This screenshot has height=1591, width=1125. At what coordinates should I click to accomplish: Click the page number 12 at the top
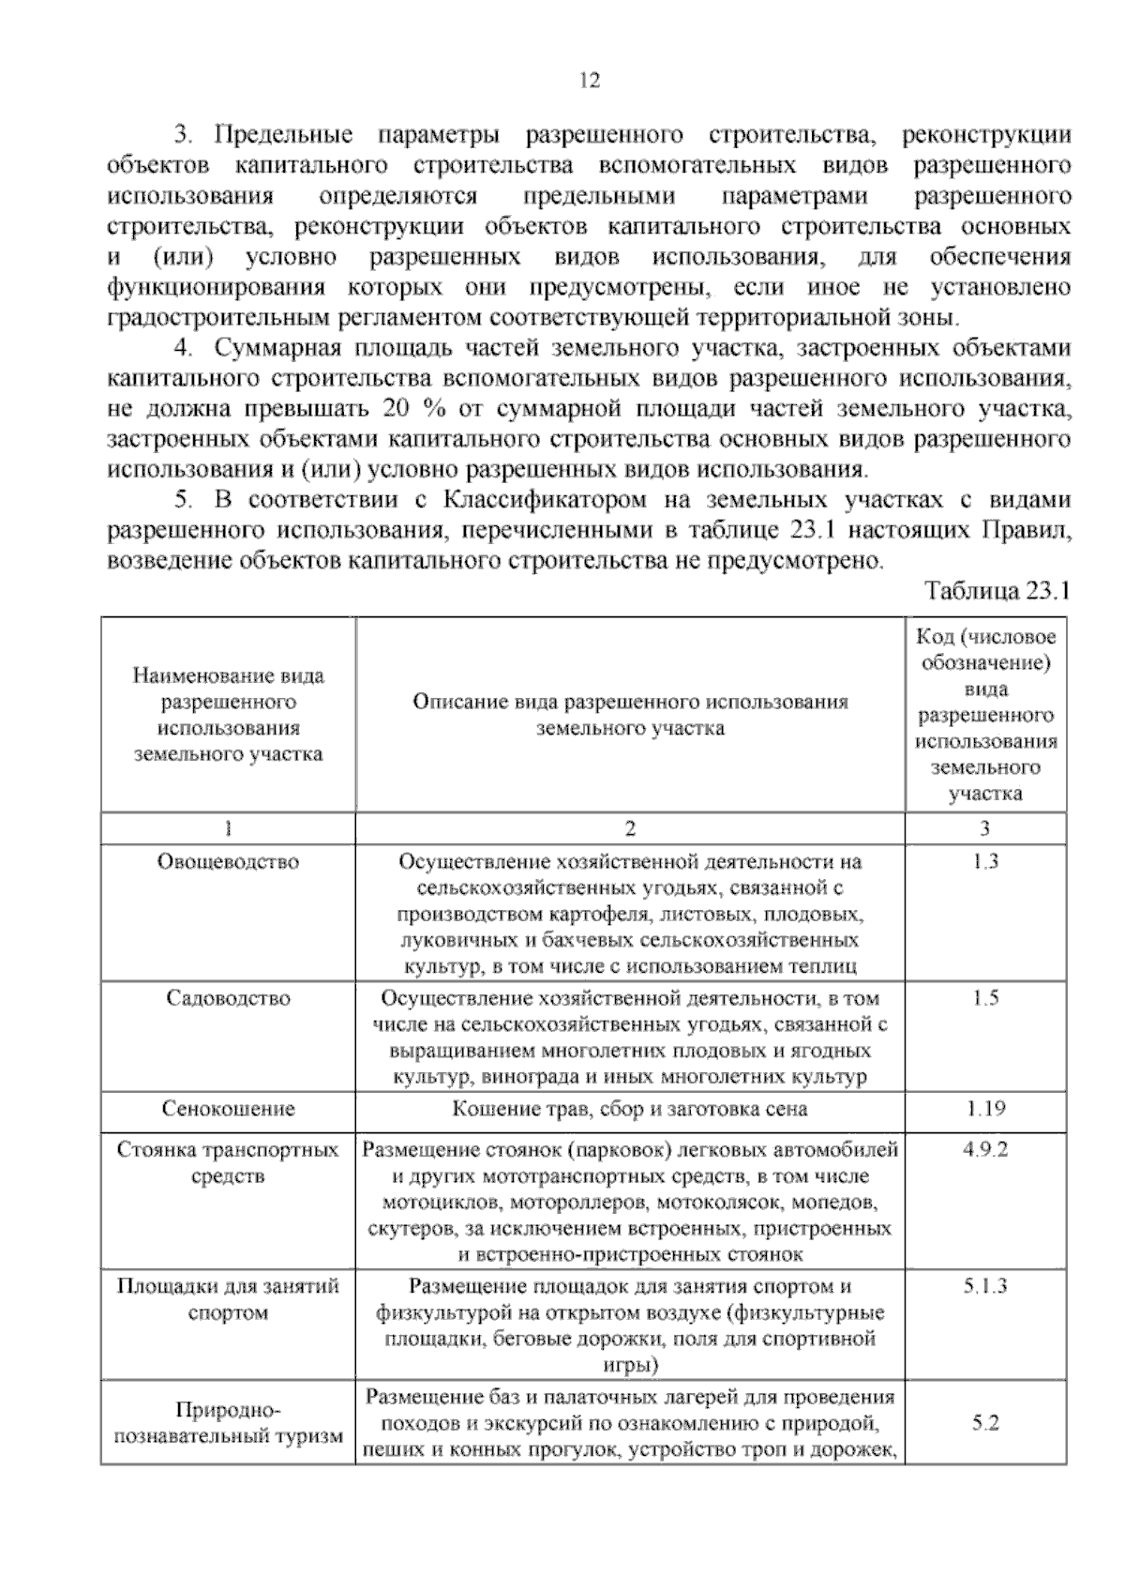click(x=590, y=81)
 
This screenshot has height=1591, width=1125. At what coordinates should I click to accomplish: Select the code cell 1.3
click(x=985, y=860)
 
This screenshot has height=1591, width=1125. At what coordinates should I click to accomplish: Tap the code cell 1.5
click(x=985, y=998)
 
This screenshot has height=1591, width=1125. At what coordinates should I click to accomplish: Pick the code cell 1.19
click(x=985, y=1109)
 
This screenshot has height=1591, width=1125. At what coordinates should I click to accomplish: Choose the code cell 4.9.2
click(x=985, y=1149)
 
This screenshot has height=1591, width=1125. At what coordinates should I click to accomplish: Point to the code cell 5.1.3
click(x=985, y=1286)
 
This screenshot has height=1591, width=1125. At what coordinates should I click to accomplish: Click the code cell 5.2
click(x=985, y=1422)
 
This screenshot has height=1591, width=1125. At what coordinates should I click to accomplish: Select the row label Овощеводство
click(x=228, y=861)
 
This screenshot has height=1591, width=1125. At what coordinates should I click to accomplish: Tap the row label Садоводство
click(x=228, y=998)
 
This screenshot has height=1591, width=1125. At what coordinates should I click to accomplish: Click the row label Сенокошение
click(x=228, y=1109)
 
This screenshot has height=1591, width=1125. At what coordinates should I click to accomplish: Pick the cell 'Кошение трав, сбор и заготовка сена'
click(x=629, y=1109)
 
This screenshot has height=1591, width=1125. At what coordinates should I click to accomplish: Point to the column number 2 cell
click(x=630, y=827)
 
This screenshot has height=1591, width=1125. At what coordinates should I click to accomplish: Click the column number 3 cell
click(x=985, y=827)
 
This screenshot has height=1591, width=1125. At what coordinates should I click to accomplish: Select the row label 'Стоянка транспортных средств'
click(x=228, y=1162)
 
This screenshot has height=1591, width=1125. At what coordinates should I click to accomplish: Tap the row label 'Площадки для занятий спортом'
click(x=228, y=1299)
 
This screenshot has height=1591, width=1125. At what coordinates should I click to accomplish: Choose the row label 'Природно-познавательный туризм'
click(x=228, y=1423)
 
